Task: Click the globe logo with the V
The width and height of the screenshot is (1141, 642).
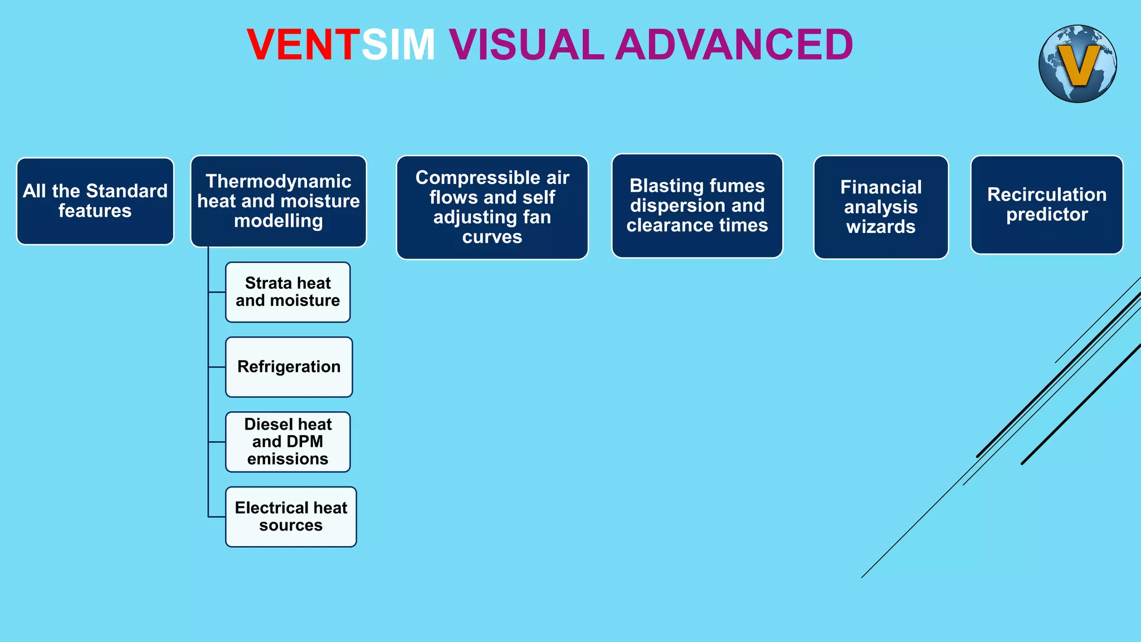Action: (x=1077, y=64)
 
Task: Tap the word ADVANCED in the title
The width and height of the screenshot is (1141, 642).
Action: (x=734, y=45)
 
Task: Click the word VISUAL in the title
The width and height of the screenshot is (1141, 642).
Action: (x=526, y=45)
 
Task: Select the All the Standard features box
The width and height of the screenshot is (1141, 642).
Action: (x=95, y=201)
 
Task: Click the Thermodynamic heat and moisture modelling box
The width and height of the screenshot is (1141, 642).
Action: (x=279, y=201)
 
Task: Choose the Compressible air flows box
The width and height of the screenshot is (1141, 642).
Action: (x=492, y=207)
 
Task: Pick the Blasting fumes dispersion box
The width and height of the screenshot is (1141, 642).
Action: (x=697, y=206)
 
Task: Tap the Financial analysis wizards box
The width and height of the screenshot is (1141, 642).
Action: (x=881, y=207)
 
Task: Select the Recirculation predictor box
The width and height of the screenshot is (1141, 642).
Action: (x=1046, y=205)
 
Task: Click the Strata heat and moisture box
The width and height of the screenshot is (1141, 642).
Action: (x=288, y=292)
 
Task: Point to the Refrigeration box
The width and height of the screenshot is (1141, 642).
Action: (x=289, y=367)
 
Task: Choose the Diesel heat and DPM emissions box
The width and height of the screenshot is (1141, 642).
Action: (x=288, y=442)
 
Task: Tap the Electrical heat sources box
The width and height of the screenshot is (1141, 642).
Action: (x=291, y=517)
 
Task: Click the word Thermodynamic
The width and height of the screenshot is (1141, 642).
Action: (x=279, y=182)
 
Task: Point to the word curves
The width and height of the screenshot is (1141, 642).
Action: (x=492, y=237)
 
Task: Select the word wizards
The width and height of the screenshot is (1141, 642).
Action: (x=881, y=227)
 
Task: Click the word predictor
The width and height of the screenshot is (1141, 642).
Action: (x=1047, y=215)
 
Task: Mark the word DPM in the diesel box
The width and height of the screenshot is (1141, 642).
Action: (x=305, y=442)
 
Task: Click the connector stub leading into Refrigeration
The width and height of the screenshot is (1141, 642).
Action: (x=217, y=367)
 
